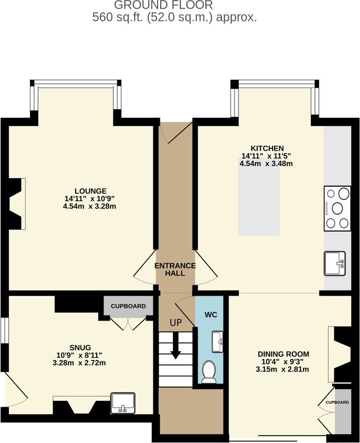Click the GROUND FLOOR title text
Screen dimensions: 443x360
164,5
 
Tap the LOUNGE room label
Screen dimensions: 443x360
90,191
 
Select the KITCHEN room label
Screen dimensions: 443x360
267,148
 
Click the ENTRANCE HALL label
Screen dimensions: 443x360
175,269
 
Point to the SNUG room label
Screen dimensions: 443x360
80,347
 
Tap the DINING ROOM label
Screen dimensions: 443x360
283,354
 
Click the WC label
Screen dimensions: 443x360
211,314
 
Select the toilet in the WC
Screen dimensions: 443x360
209,372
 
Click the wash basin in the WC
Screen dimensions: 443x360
218,342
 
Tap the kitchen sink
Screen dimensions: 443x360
334,263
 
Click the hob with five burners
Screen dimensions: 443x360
337,208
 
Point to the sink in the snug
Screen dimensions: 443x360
123,403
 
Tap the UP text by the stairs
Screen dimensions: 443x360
175,323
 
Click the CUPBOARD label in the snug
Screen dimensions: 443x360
128,306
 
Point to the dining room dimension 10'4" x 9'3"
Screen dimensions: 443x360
283,362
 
